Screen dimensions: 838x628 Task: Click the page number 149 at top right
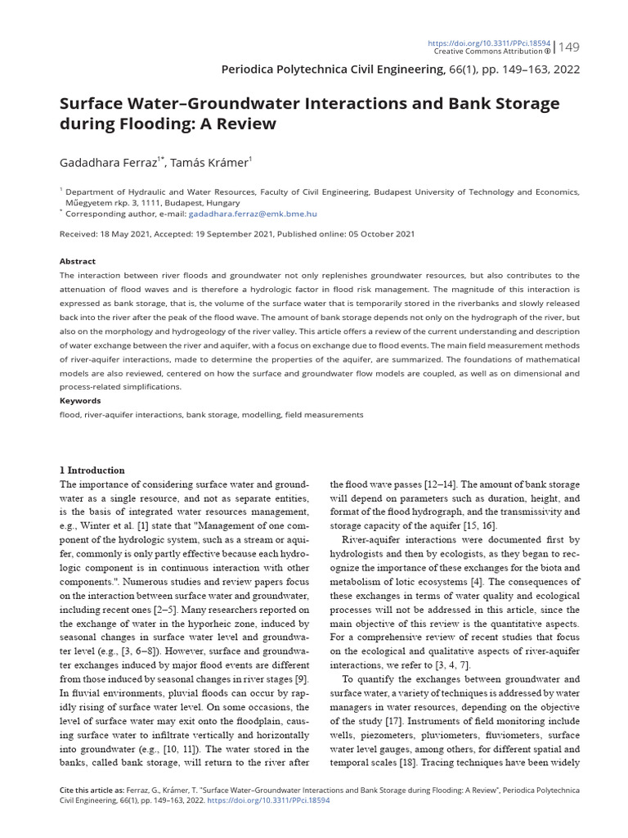point(568,47)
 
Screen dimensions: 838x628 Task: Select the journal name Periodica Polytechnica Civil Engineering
point(332,70)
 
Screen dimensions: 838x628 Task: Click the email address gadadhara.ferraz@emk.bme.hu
point(253,214)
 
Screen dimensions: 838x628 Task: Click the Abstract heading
point(78,261)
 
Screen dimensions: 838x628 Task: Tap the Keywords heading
point(80,401)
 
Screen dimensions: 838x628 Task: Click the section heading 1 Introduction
point(92,471)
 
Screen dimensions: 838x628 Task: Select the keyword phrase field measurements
point(324,415)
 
